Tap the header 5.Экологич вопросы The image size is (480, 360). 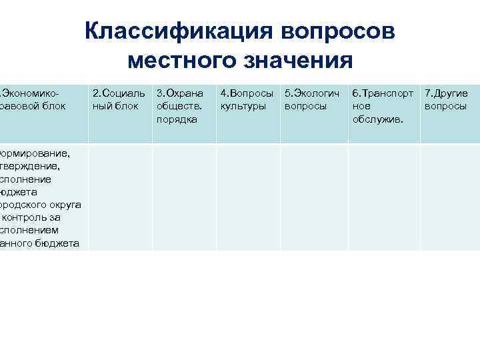click(312, 100)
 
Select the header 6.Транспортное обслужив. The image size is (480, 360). click(382, 106)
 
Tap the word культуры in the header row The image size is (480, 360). click(243, 106)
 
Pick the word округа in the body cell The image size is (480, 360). click(65, 205)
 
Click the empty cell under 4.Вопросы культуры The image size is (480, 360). click(248, 197)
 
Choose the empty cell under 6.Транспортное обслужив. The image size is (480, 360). click(384, 197)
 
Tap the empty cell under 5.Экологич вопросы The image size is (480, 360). click(314, 197)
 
